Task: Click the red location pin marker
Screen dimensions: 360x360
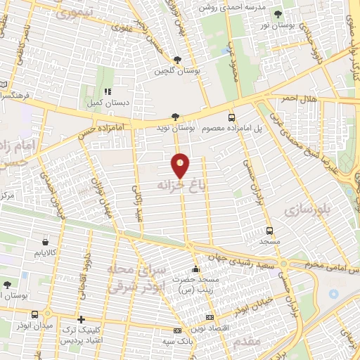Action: (x=181, y=165)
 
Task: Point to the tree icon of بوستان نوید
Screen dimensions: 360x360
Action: (x=175, y=117)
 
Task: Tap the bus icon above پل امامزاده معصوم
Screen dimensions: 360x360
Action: (x=231, y=117)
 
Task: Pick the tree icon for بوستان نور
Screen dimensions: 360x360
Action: (x=279, y=13)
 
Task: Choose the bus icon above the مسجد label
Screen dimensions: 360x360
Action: (x=269, y=230)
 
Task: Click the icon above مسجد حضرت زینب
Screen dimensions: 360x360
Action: (x=195, y=269)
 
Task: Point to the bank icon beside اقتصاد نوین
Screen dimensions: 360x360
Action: (x=177, y=330)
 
